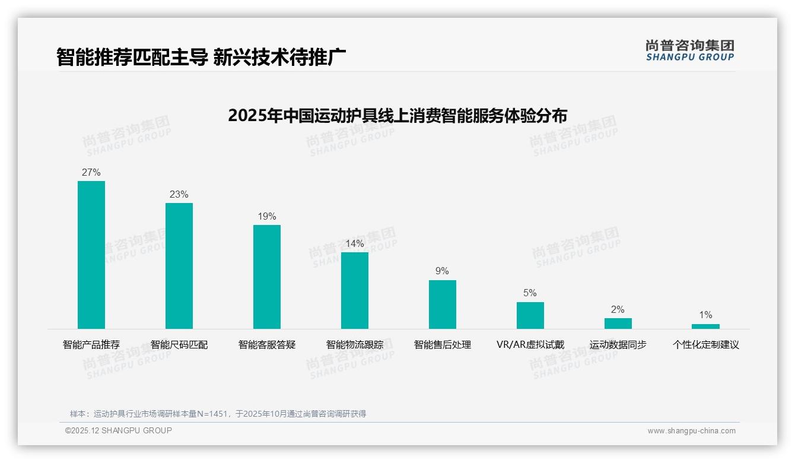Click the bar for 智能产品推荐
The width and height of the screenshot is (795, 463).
(x=91, y=255)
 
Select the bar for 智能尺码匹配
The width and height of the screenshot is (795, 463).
(x=179, y=266)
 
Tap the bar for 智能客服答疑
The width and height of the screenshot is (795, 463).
(x=267, y=277)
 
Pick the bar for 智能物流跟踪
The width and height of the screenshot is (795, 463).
(x=355, y=290)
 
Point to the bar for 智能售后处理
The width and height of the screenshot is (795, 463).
(x=443, y=305)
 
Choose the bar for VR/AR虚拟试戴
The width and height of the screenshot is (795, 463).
(x=530, y=315)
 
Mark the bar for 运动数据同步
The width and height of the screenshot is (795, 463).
(x=618, y=324)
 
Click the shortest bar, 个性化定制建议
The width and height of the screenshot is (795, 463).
(x=705, y=326)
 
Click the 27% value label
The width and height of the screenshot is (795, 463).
(x=91, y=173)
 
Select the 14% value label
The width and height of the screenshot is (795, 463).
(x=355, y=244)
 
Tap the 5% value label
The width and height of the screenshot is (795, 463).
(x=530, y=293)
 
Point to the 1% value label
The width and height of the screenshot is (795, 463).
(x=705, y=315)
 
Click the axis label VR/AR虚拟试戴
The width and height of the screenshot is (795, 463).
(x=530, y=345)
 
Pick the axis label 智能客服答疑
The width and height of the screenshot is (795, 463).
(x=267, y=345)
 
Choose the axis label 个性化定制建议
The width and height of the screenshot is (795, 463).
(x=705, y=345)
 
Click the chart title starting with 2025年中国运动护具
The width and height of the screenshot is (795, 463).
(x=397, y=115)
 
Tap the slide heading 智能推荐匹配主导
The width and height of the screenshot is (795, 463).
(x=201, y=57)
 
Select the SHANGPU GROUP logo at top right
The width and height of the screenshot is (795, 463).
(x=689, y=50)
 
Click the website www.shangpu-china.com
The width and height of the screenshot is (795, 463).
(x=691, y=431)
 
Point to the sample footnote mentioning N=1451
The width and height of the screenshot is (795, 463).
(x=218, y=414)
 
